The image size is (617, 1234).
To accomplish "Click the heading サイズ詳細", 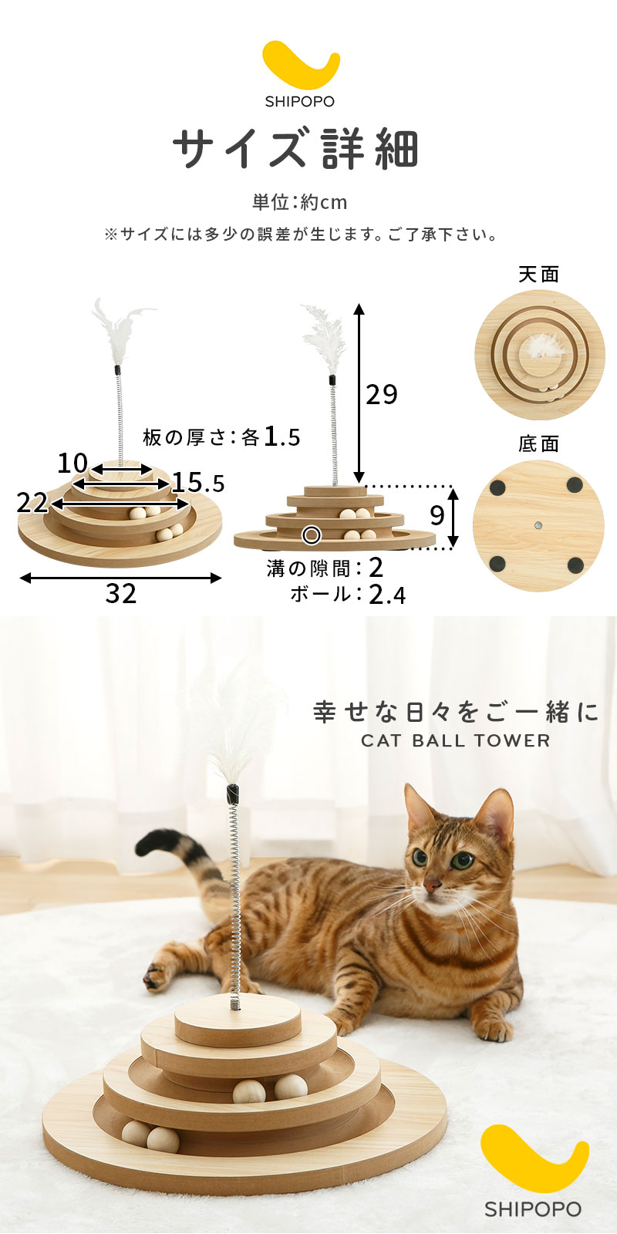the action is point(296,149).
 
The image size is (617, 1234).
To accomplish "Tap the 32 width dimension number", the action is point(120,594).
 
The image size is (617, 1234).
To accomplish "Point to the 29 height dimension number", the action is point(382,394).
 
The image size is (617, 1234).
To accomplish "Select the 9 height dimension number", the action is point(437,516).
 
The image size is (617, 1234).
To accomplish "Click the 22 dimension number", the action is point(32,503).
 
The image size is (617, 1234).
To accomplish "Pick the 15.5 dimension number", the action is point(198,483).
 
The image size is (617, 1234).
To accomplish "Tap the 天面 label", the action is point(539,275).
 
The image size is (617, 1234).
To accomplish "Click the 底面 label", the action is point(539,444).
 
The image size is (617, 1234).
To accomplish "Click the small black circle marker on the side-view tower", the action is point(312,534).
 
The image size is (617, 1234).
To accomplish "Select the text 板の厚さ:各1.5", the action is point(221,437).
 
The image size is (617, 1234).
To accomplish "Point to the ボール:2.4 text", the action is point(348,595).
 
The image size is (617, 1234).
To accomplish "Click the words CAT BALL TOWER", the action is point(456,741).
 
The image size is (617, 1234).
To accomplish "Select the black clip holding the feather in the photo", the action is point(234,794).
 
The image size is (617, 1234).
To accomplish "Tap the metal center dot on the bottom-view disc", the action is point(538,525).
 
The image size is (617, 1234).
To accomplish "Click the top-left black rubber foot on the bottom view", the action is point(498,487).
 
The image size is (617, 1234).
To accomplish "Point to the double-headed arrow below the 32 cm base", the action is point(120,578).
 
